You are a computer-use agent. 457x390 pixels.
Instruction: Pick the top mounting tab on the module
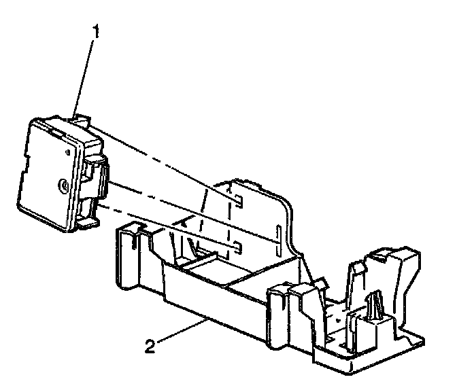coord(80,120)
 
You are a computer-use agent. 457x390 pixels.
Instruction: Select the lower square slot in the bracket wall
coord(235,245)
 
